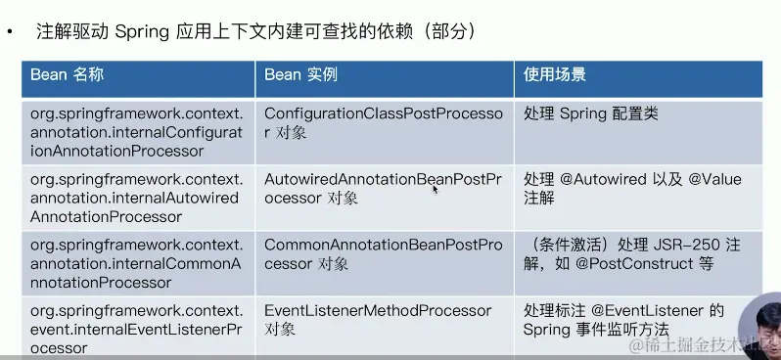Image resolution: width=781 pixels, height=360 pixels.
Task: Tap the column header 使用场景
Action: [554, 75]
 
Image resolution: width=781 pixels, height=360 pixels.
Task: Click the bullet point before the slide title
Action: [10, 32]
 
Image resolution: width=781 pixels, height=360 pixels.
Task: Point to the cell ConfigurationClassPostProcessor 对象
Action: [383, 123]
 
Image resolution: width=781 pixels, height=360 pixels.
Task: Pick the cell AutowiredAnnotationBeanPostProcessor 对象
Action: [383, 188]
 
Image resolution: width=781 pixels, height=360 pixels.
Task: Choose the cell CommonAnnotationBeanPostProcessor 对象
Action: [383, 254]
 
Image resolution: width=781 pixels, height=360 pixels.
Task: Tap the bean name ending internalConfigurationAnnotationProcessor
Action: [136, 133]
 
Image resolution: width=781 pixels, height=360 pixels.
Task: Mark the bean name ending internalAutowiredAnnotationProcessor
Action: [136, 198]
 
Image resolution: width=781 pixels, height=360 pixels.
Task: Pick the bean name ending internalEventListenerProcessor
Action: [136, 329]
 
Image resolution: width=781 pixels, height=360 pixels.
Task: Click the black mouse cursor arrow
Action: [435, 189]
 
